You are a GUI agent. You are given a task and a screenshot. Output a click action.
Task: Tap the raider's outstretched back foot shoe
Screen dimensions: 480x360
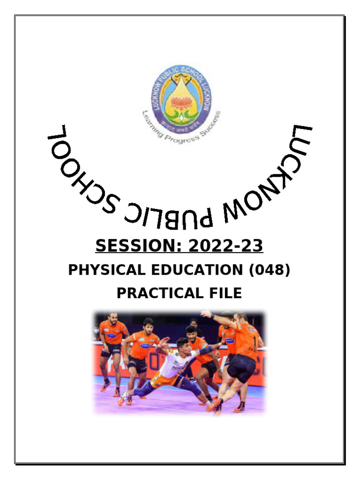pyautogui.click(x=123, y=399)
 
